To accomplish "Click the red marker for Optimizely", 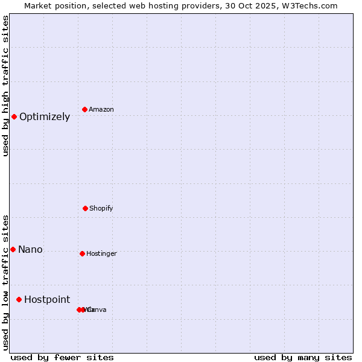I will click(14, 116).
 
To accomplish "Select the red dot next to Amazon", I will click(84, 109).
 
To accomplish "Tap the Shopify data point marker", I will click(85, 208).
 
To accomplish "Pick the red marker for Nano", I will click(13, 249).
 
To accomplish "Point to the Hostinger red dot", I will click(82, 253).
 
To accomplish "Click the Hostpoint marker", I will click(19, 299).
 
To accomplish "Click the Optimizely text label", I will click(45, 117).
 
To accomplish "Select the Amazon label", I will click(101, 110).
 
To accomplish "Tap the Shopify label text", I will click(101, 209).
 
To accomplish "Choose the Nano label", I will click(30, 250).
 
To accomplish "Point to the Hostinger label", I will click(101, 254).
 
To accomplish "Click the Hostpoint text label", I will click(47, 300).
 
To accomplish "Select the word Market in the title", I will click(38, 5).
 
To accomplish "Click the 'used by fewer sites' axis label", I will click(62, 357).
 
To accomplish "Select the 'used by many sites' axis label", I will click(303, 357).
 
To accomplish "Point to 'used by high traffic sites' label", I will click(5, 86).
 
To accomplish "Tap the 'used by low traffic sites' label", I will click(5, 282).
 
